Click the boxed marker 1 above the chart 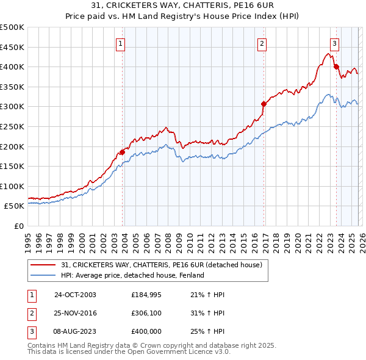[x=121, y=43]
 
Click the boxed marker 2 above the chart [x=262, y=43]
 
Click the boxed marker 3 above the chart [x=335, y=43]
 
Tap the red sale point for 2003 [x=123, y=152]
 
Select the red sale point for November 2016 [x=264, y=104]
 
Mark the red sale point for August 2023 [x=336, y=67]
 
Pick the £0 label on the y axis [x=20, y=226]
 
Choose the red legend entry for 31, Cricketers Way [x=161, y=265]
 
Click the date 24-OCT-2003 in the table [x=75, y=295]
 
